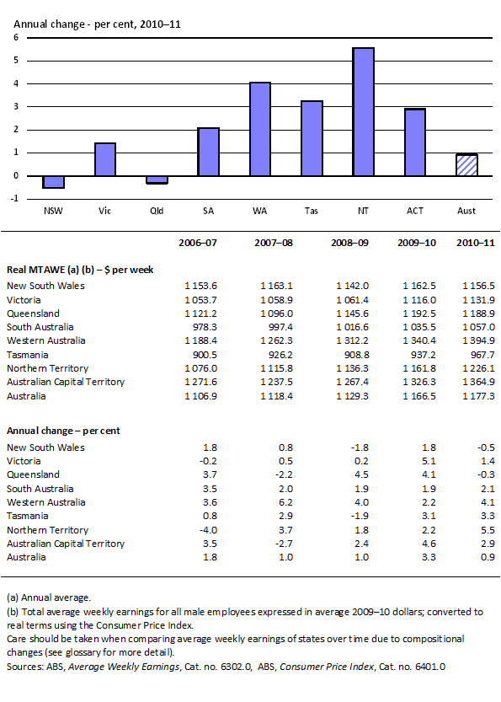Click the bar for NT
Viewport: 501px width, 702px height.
363,112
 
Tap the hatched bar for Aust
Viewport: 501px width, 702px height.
466,165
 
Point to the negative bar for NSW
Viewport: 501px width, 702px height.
54,182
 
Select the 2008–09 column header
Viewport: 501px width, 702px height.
341,244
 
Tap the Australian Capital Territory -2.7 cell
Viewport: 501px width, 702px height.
274,544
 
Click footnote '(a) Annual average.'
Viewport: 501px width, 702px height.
49,596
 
